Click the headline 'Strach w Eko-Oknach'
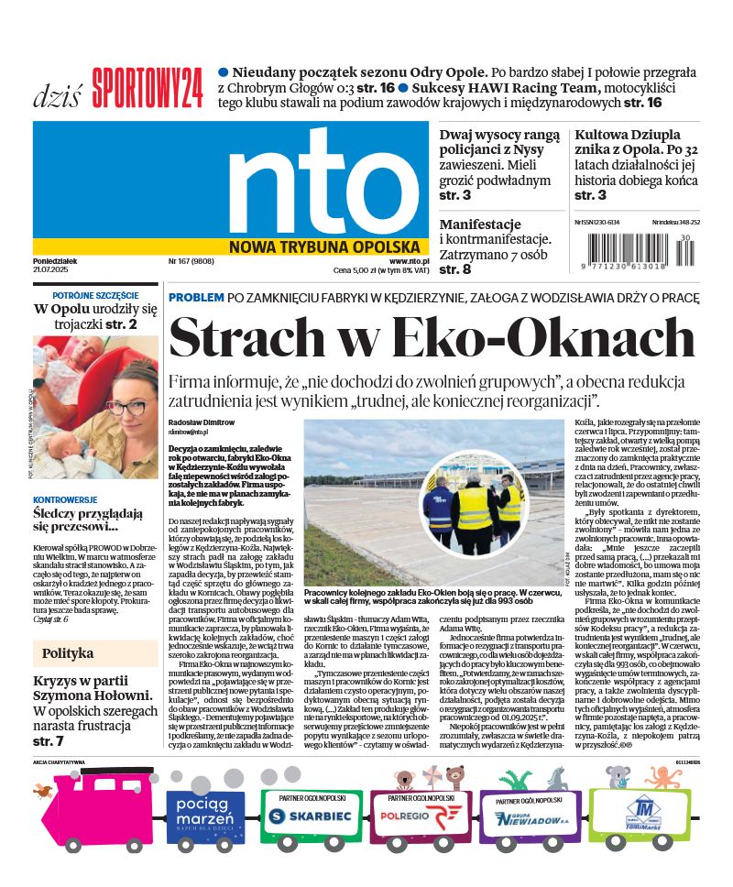[432, 337]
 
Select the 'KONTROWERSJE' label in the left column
[64, 500]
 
